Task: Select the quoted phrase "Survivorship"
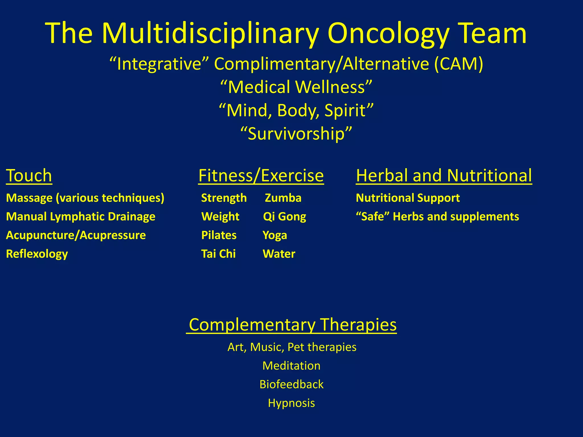296,133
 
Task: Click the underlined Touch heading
29,175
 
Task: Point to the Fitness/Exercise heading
261,175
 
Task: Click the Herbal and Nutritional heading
444,175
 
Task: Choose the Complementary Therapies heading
292,324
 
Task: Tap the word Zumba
283,198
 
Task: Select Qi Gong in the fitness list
284,217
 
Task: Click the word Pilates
219,235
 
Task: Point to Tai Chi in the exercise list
218,254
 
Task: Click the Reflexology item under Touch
37,254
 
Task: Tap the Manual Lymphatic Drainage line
81,217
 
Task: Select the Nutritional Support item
408,198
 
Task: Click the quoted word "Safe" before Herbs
372,217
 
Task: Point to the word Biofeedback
291,384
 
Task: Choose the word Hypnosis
291,403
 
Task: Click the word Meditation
291,366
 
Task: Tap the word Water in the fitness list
279,254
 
